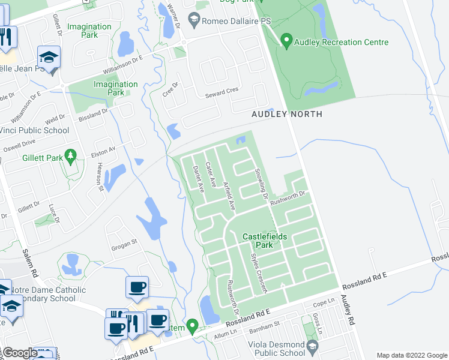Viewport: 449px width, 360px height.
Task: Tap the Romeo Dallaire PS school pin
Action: pos(194,21)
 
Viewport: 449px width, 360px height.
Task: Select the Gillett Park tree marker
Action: pos(71,156)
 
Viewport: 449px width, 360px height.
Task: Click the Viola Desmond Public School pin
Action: pos(312,346)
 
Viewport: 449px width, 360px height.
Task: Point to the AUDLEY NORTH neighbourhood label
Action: pos(287,114)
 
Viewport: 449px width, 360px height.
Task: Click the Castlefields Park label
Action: pos(265,241)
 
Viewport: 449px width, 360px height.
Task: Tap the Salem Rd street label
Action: pos(30,263)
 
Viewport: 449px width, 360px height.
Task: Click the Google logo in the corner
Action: pos(20,353)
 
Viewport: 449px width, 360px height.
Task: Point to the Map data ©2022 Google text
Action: pos(411,355)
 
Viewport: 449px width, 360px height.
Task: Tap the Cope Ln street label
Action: pos(323,302)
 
